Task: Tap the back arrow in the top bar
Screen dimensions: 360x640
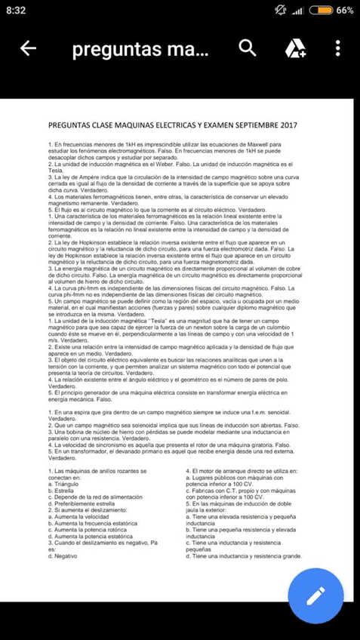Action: [28, 49]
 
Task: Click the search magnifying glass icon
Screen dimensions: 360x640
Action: [247, 48]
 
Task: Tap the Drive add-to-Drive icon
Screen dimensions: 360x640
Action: [294, 49]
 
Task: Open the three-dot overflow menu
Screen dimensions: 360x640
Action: [337, 49]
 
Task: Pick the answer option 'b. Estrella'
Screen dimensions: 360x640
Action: [64, 489]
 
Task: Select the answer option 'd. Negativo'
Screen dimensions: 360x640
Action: [66, 555]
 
